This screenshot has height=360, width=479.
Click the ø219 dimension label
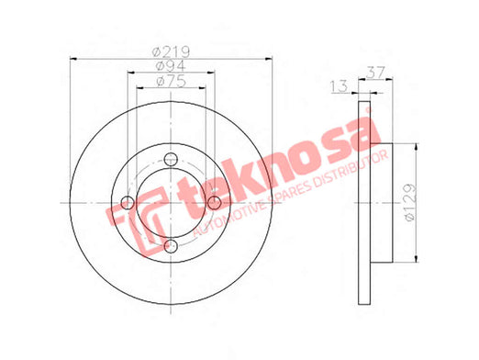(x=172, y=51)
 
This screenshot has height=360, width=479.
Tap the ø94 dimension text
(x=171, y=66)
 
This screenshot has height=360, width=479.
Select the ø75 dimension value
(x=171, y=82)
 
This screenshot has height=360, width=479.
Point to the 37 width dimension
(x=376, y=73)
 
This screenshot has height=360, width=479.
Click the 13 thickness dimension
(x=339, y=86)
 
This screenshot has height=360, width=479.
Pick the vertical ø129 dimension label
(x=410, y=202)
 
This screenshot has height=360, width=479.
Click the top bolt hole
(x=171, y=159)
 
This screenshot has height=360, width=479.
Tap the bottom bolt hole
(x=171, y=246)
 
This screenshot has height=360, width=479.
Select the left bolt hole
(x=128, y=203)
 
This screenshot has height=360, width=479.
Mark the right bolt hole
(x=214, y=203)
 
